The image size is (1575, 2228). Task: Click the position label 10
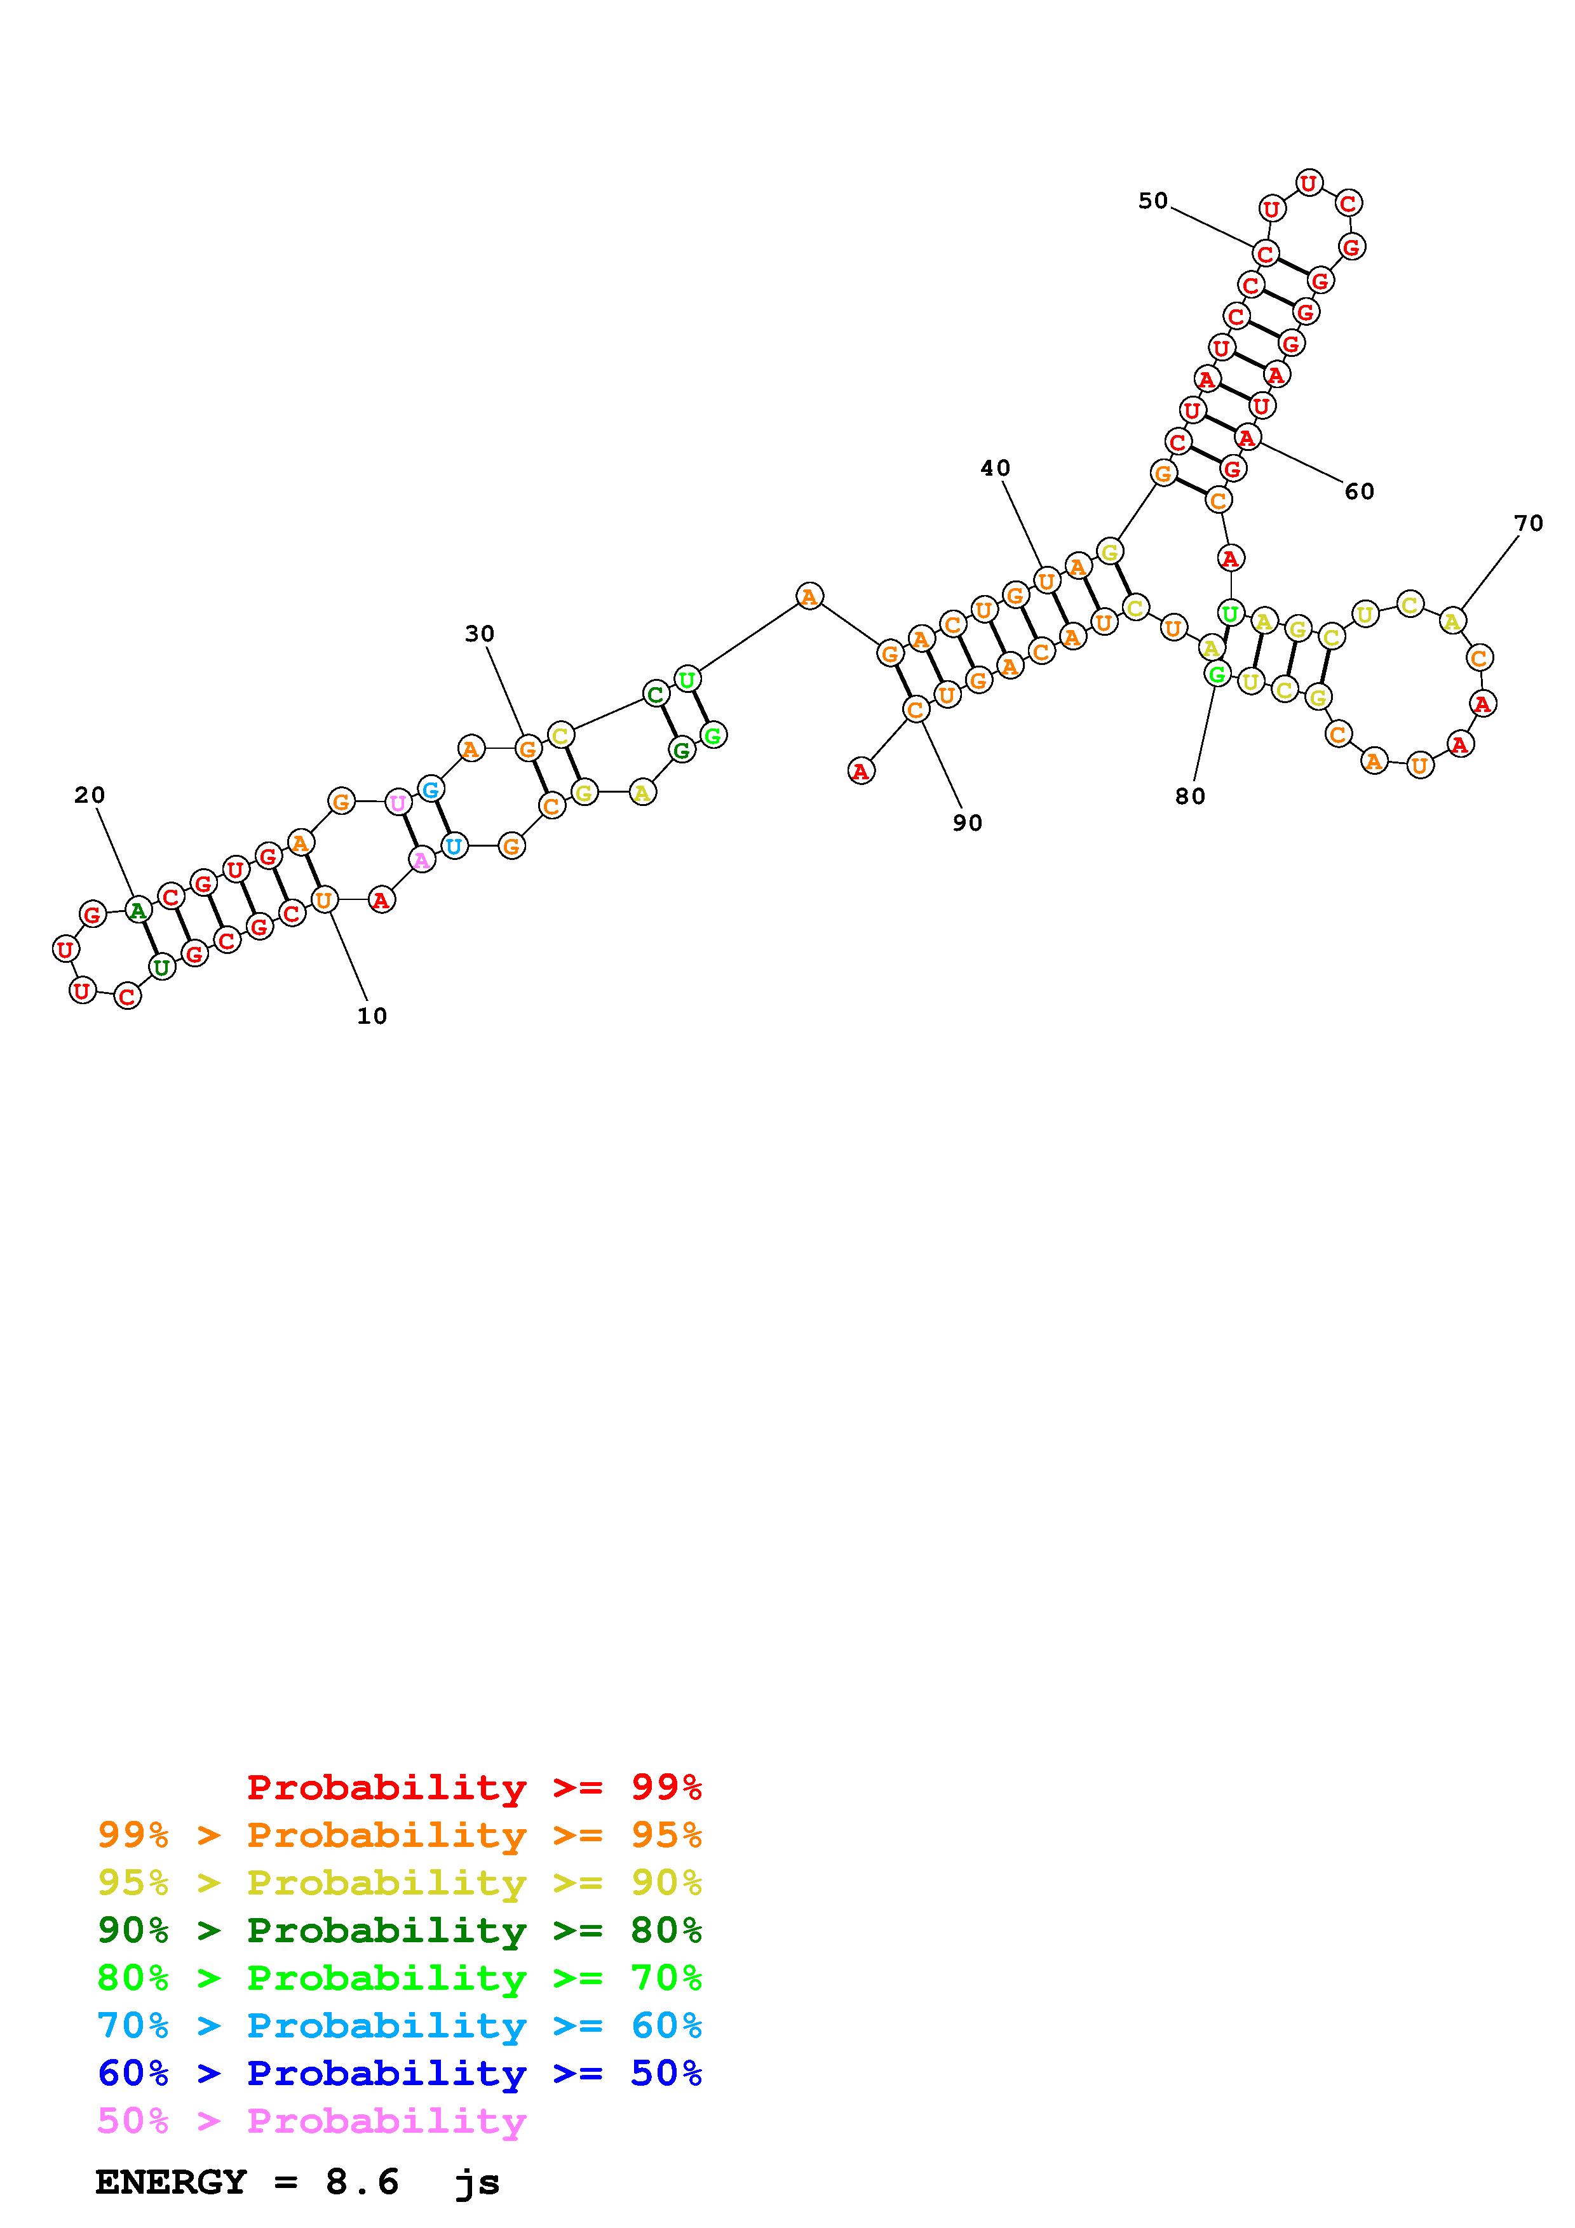tap(372, 1016)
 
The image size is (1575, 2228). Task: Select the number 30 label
tap(480, 634)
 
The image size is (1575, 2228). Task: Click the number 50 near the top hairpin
tap(1153, 200)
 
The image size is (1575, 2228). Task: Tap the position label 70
tap(1529, 523)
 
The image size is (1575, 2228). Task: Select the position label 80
tap(1190, 796)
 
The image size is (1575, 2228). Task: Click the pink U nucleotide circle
tap(398, 803)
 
